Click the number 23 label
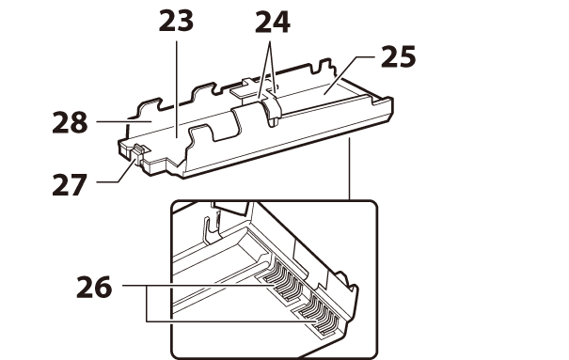pyautogui.click(x=177, y=21)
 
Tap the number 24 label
pyautogui.click(x=273, y=23)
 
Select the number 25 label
pyautogui.click(x=399, y=56)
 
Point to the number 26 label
pyautogui.click(x=94, y=287)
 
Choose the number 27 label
pyautogui.click(x=70, y=184)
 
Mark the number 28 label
pyautogui.click(x=70, y=122)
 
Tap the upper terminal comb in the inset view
pyautogui.click(x=284, y=280)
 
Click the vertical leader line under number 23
pyautogui.click(x=177, y=89)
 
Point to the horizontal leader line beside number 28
pyautogui.click(x=124, y=122)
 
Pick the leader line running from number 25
pyautogui.click(x=349, y=74)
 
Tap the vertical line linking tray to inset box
pyautogui.click(x=350, y=169)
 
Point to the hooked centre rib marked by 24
pyautogui.click(x=271, y=109)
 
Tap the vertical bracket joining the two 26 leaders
pyautogui.click(x=147, y=304)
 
